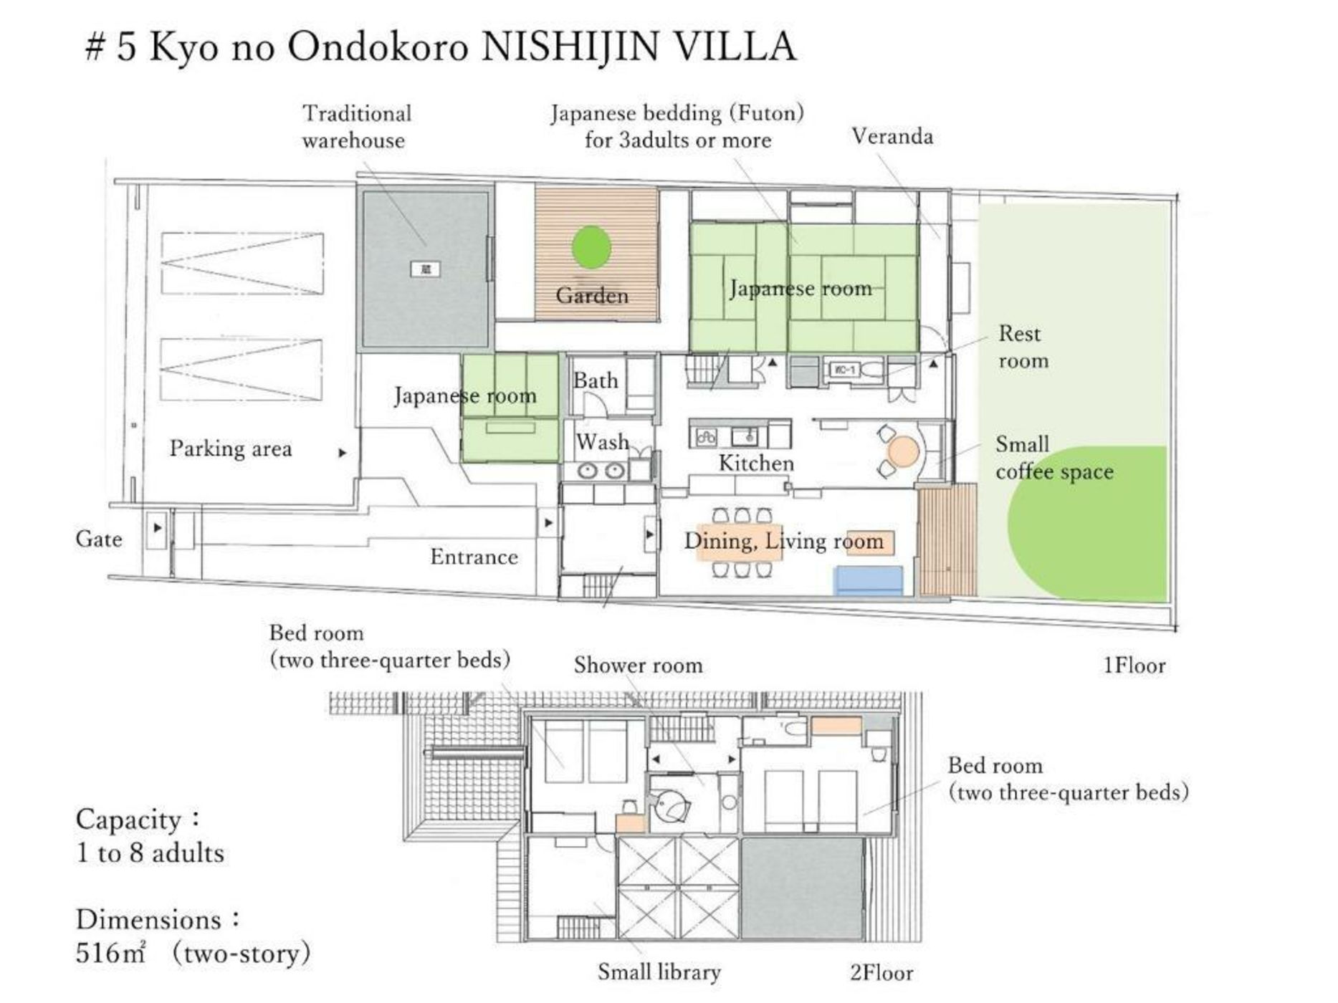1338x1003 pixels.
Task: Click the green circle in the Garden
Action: [x=591, y=248]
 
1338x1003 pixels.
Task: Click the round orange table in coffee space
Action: [x=903, y=452]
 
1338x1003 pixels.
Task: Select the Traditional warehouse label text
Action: [x=355, y=127]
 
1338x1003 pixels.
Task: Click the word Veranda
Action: [x=892, y=136]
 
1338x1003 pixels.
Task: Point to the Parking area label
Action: [x=231, y=449]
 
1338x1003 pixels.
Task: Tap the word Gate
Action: [x=98, y=539]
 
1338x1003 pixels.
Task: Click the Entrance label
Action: [x=474, y=557]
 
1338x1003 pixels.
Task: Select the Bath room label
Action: [x=595, y=380]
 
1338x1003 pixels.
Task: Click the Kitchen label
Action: [x=756, y=463]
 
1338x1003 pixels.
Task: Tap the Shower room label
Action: [x=638, y=665]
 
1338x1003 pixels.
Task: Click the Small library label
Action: [x=659, y=972]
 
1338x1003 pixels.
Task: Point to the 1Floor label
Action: [x=1134, y=666]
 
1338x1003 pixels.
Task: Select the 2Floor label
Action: [x=881, y=973]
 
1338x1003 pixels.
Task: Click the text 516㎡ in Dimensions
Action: [x=110, y=954]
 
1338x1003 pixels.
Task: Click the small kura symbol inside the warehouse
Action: [x=425, y=269]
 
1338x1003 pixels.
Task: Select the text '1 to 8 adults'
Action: [x=150, y=853]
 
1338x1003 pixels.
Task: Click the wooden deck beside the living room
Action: [x=947, y=539]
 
